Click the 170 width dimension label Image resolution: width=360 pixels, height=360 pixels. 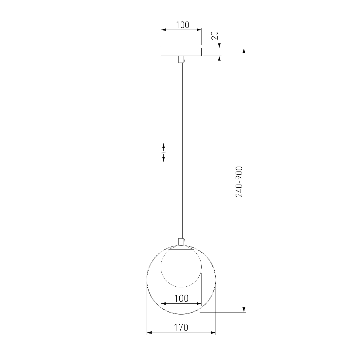[x=181, y=327]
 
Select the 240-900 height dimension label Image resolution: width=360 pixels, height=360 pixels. [x=239, y=182]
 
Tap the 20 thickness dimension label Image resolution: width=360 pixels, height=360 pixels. [x=214, y=35]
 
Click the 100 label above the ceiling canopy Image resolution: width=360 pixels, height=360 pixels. [x=183, y=25]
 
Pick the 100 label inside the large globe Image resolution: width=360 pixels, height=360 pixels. [x=181, y=298]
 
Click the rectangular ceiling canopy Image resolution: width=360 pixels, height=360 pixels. [x=181, y=52]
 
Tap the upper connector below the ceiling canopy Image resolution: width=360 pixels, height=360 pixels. [x=181, y=60]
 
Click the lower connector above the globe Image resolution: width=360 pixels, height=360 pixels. [x=181, y=242]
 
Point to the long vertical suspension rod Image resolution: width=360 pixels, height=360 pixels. [x=181, y=151]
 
